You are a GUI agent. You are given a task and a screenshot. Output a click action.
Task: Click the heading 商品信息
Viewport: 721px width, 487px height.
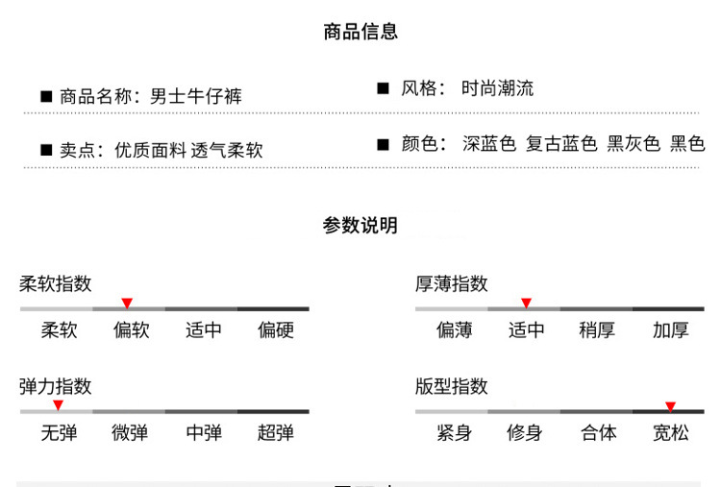pos(360,32)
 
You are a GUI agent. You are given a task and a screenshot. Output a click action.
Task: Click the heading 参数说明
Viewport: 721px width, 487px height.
pos(360,226)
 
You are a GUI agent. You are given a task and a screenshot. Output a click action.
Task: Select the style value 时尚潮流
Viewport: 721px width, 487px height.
pos(497,88)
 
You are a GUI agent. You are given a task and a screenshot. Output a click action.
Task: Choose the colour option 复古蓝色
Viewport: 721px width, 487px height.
pos(561,144)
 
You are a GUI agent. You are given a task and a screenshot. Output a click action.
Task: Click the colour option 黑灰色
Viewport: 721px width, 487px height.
pos(634,144)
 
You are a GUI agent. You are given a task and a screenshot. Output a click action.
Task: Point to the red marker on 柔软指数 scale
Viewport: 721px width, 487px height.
pos(127,304)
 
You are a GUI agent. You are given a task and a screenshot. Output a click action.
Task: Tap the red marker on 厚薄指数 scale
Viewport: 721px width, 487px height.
pos(526,304)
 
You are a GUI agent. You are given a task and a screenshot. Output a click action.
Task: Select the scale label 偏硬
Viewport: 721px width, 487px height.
pos(276,330)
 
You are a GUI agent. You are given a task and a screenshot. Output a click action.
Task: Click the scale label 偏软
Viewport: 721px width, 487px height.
pos(132,330)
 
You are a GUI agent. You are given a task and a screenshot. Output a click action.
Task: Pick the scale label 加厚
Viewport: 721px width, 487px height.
pos(671,330)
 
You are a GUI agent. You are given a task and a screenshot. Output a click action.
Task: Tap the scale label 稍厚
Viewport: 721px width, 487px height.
pos(597,330)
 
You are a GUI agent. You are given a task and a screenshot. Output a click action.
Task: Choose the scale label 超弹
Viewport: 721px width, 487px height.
pos(276,433)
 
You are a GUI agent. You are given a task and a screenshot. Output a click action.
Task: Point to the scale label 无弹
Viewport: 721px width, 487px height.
pos(59,433)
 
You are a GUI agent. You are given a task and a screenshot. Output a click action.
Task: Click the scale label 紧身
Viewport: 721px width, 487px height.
pos(454,433)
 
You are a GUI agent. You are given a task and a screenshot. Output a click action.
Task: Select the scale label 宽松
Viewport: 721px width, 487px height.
pos(671,433)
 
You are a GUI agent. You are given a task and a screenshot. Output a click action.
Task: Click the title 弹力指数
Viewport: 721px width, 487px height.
pos(56,386)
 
